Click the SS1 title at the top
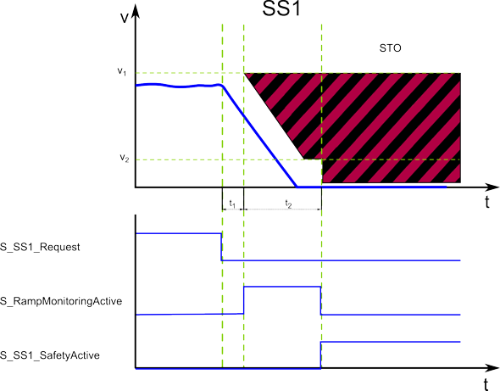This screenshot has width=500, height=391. pyautogui.click(x=281, y=8)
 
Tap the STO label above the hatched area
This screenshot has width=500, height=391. pyautogui.click(x=390, y=48)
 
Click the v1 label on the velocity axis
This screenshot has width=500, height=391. pyautogui.click(x=122, y=71)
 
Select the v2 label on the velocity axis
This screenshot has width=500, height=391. pyautogui.click(x=125, y=158)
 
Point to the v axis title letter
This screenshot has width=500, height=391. pyautogui.click(x=125, y=18)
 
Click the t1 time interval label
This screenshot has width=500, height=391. pyautogui.click(x=232, y=204)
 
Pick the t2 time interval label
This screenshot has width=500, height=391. pyautogui.click(x=288, y=204)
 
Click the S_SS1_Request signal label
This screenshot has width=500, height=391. pyautogui.click(x=40, y=247)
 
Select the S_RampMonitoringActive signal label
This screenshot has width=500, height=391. pyautogui.click(x=61, y=301)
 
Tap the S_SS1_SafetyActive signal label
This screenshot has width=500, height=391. pyautogui.click(x=50, y=355)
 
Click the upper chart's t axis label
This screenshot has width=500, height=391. pyautogui.click(x=487, y=203)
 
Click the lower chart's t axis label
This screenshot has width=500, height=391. pyautogui.click(x=486, y=384)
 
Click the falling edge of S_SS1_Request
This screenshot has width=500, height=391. pyautogui.click(x=221, y=247)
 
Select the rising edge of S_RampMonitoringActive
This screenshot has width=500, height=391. pyautogui.click(x=244, y=300)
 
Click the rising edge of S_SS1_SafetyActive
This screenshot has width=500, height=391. pyautogui.click(x=321, y=355)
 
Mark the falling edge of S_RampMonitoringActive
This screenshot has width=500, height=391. pyautogui.click(x=320, y=300)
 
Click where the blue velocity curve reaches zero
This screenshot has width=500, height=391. pyautogui.click(x=297, y=187)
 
